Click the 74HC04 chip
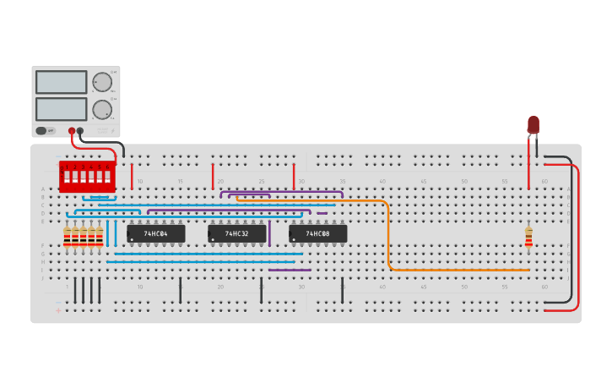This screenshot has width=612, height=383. tap(156, 233)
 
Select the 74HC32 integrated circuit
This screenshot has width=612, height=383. tap(237, 233)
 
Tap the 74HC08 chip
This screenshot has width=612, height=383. tap(318, 233)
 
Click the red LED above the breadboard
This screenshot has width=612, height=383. tap(533, 125)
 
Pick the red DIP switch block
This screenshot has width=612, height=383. tap(86, 177)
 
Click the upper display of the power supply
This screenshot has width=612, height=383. tap(62, 82)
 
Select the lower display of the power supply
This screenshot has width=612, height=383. tap(62, 109)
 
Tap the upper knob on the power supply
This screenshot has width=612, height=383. tap(102, 82)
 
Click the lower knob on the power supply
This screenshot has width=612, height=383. tap(102, 109)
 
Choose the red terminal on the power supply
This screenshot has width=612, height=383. tap(72, 131)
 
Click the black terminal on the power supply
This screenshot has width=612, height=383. tap(80, 131)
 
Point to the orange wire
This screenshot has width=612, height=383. tap(388, 237)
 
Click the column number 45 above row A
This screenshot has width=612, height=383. tap(423, 182)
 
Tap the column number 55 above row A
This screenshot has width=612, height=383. tap(504, 182)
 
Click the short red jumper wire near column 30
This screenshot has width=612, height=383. tap(294, 176)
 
